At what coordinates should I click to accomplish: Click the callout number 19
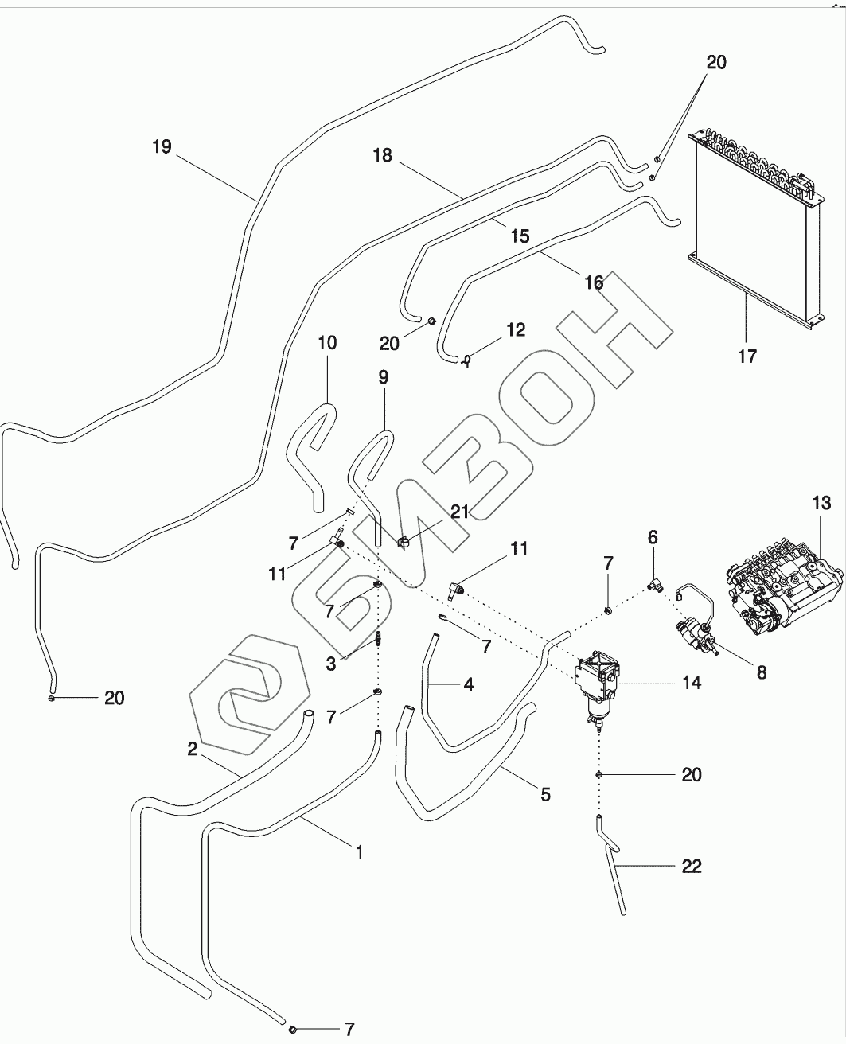tap(162, 146)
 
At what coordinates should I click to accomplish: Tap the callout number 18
tap(383, 155)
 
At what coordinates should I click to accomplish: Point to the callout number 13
tap(821, 503)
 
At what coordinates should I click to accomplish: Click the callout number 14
tap(691, 682)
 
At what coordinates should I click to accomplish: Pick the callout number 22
tap(691, 866)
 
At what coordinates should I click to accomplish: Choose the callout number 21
tap(459, 512)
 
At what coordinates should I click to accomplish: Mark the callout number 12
tap(516, 329)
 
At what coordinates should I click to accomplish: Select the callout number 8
tap(761, 672)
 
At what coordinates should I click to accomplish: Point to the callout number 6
tap(653, 538)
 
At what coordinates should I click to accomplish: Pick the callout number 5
tap(544, 793)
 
